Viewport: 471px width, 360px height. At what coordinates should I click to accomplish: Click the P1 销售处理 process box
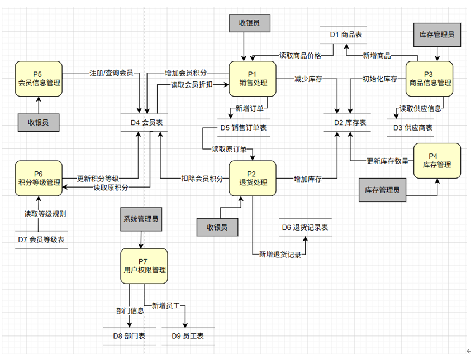click(253, 79)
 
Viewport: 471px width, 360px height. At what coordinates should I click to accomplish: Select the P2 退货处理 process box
click(253, 178)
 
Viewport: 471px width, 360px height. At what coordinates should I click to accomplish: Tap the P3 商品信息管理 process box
click(429, 79)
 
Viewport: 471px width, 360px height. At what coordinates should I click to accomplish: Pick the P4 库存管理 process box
click(437, 161)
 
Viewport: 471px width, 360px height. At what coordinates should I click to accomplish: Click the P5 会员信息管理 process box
click(39, 79)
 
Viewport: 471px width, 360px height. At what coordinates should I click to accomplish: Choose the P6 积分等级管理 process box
click(39, 178)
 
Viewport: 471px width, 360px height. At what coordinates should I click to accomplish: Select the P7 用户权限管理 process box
click(144, 266)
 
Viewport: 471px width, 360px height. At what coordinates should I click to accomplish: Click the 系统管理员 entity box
click(141, 219)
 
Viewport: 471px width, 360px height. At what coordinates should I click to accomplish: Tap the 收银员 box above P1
click(249, 23)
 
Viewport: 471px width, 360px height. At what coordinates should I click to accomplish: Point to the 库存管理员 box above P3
click(437, 35)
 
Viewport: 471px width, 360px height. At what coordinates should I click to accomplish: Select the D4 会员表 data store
click(144, 122)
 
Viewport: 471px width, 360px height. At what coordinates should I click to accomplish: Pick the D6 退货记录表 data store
click(305, 227)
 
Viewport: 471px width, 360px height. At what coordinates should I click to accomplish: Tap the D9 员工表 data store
click(188, 336)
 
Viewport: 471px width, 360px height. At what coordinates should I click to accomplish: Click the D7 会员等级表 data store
click(41, 239)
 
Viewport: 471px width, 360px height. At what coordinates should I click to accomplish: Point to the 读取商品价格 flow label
click(300, 55)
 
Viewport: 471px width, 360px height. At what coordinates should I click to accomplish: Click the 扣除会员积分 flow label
click(202, 179)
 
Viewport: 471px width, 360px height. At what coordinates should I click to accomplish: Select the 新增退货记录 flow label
click(280, 255)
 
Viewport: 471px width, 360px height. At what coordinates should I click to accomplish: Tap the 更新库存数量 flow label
click(388, 161)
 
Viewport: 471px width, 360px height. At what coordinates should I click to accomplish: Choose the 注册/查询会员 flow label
click(111, 73)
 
